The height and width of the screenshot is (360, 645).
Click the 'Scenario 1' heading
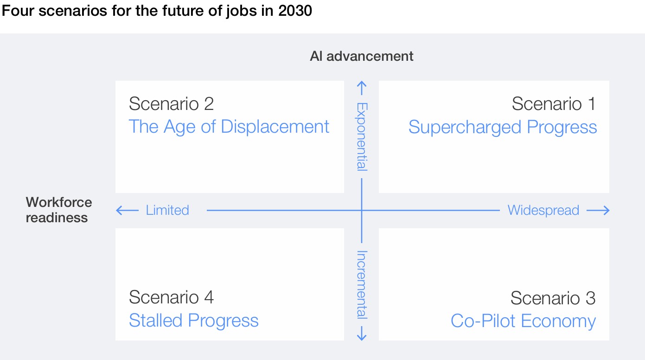553,104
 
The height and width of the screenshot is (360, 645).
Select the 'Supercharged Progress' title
503,127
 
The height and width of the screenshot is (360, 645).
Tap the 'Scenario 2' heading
171,104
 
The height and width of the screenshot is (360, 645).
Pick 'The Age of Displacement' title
229,127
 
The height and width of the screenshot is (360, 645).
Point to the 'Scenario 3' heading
553,298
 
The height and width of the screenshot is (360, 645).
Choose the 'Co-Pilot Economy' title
523,321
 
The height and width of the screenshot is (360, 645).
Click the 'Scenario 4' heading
171,297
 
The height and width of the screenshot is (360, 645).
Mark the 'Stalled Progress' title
193,321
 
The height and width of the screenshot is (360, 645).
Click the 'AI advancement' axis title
362,57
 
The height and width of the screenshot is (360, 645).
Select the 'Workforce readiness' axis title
58,210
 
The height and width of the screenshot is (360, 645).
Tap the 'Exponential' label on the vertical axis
362,136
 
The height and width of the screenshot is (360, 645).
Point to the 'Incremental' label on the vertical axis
362,284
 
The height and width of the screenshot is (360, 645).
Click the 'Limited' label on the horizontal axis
167,210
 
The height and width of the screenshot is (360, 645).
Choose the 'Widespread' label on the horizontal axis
543,210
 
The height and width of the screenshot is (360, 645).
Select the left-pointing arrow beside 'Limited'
127,211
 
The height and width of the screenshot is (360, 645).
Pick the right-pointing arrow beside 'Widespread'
598,211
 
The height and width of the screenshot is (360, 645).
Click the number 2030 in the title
295,11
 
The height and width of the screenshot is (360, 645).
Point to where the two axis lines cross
362,211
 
